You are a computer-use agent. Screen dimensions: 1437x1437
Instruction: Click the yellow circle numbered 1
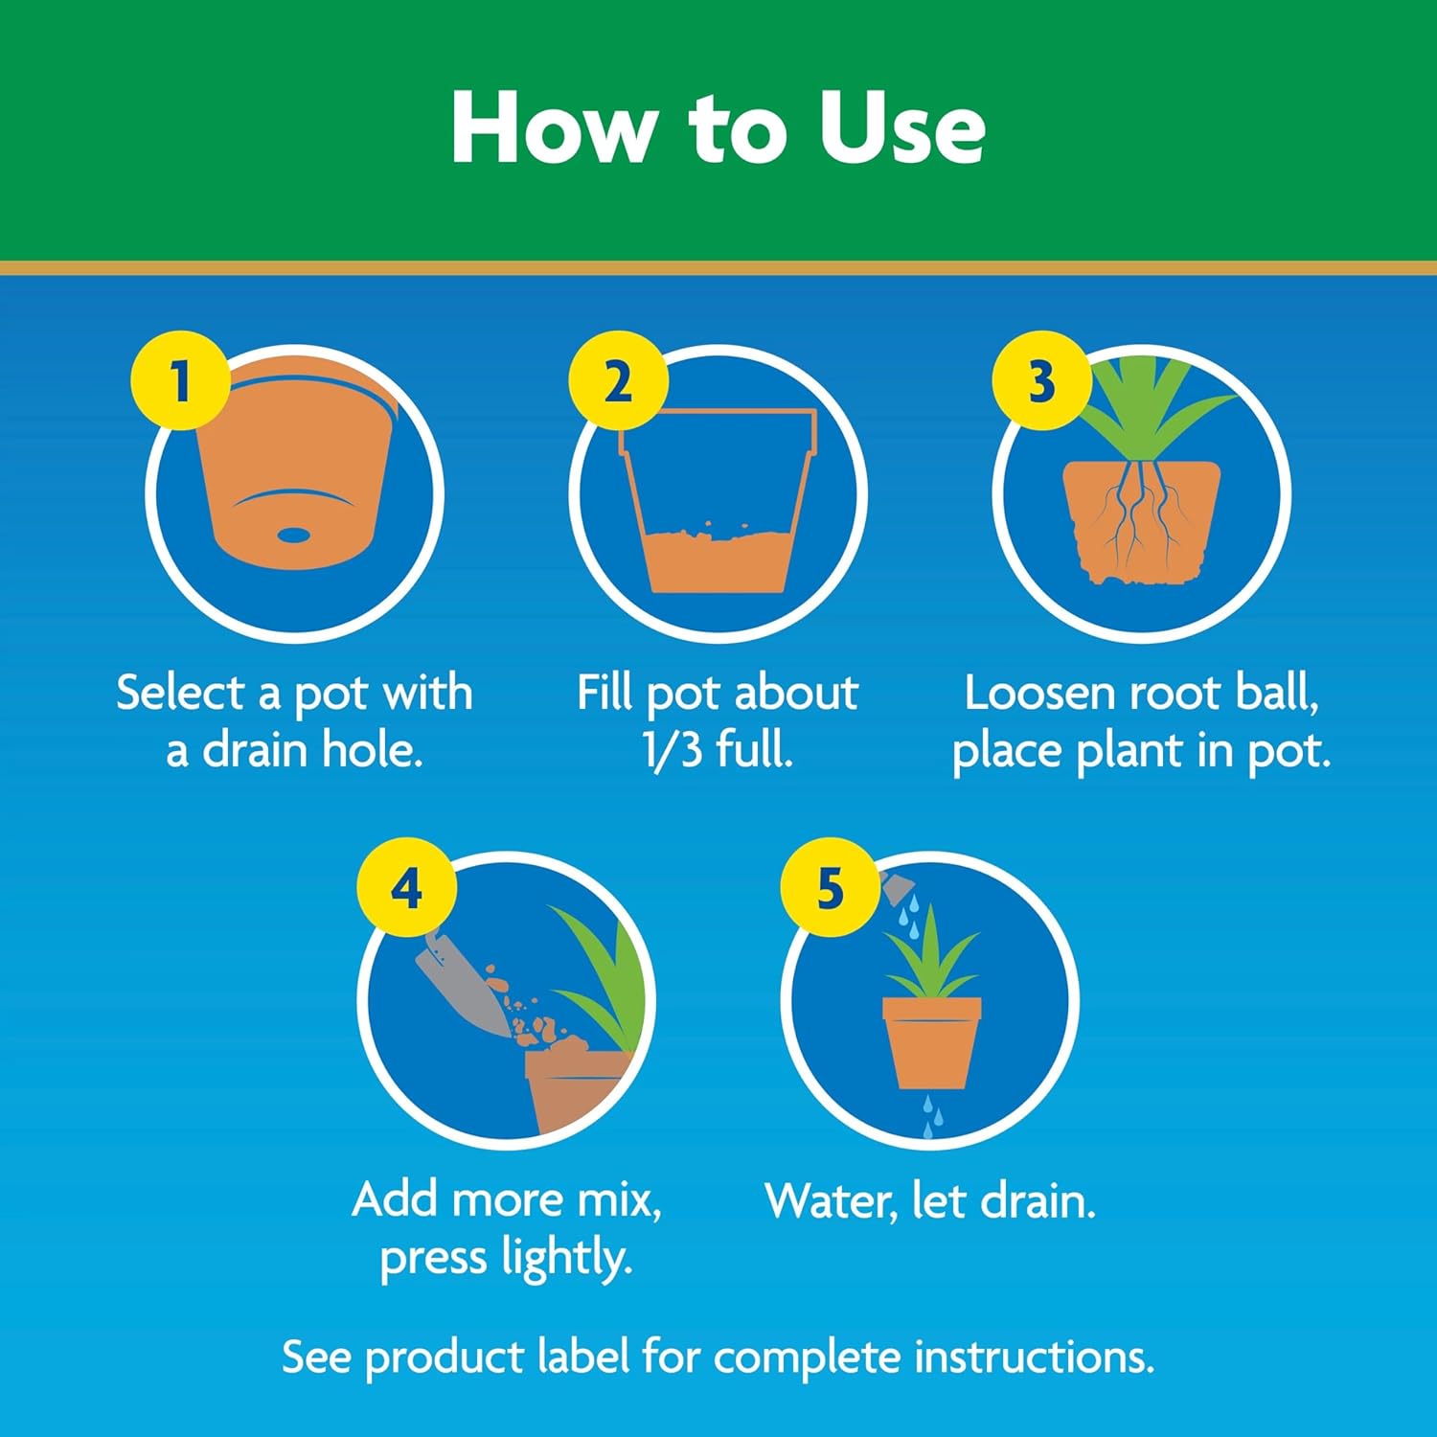pos(180,380)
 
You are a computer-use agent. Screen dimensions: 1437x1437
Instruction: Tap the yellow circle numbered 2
pos(618,380)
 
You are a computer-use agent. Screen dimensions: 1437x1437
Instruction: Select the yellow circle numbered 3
pos(1041,380)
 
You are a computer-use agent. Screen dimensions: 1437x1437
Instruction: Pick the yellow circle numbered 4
pos(406,887)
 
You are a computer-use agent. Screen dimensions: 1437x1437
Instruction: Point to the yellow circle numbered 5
pos(830,887)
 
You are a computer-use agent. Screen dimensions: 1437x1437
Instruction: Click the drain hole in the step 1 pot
pos(293,535)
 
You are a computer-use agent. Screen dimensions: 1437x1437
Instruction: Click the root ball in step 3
pos(1140,522)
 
